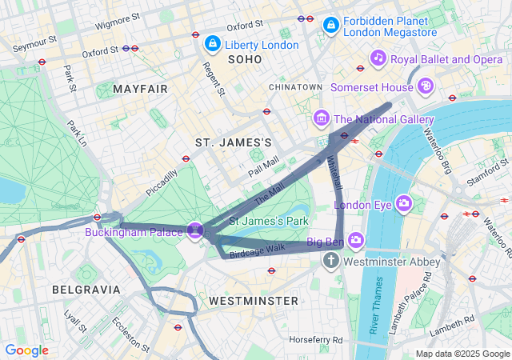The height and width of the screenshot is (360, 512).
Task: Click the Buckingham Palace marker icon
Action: pyautogui.click(x=194, y=231)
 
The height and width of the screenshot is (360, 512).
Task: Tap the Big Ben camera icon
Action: pyautogui.click(x=356, y=239)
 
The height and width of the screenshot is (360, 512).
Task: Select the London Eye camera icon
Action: pyautogui.click(x=404, y=204)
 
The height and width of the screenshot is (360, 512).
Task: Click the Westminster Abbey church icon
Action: pyautogui.click(x=332, y=261)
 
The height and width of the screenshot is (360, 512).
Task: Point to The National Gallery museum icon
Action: pyautogui.click(x=322, y=119)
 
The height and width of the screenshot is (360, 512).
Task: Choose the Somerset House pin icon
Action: pyautogui.click(x=427, y=85)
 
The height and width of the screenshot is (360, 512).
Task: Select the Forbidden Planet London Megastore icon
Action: pyautogui.click(x=330, y=26)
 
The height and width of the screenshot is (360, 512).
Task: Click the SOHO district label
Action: pyautogui.click(x=245, y=60)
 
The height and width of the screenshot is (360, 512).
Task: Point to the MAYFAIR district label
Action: pyautogui.click(x=141, y=88)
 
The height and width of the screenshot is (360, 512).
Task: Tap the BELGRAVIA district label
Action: pyautogui.click(x=86, y=289)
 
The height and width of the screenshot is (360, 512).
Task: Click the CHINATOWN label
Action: pyautogui.click(x=295, y=86)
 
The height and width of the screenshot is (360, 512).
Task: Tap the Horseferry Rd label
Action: pyautogui.click(x=315, y=339)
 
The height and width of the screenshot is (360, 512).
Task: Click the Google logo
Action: pyautogui.click(x=26, y=350)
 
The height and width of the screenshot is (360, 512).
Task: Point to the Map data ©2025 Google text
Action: pyautogui.click(x=462, y=354)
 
